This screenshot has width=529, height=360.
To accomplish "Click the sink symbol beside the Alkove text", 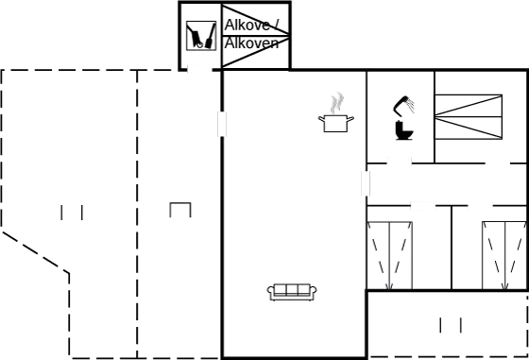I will pos(201,37).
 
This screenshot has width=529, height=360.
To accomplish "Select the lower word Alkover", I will pos(249,44).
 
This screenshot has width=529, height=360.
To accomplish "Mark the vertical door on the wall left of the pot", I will pos(223,124).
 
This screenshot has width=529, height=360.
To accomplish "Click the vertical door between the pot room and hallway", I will pos(366,183).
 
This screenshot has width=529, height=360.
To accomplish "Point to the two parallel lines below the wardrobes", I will pos(449,326).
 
